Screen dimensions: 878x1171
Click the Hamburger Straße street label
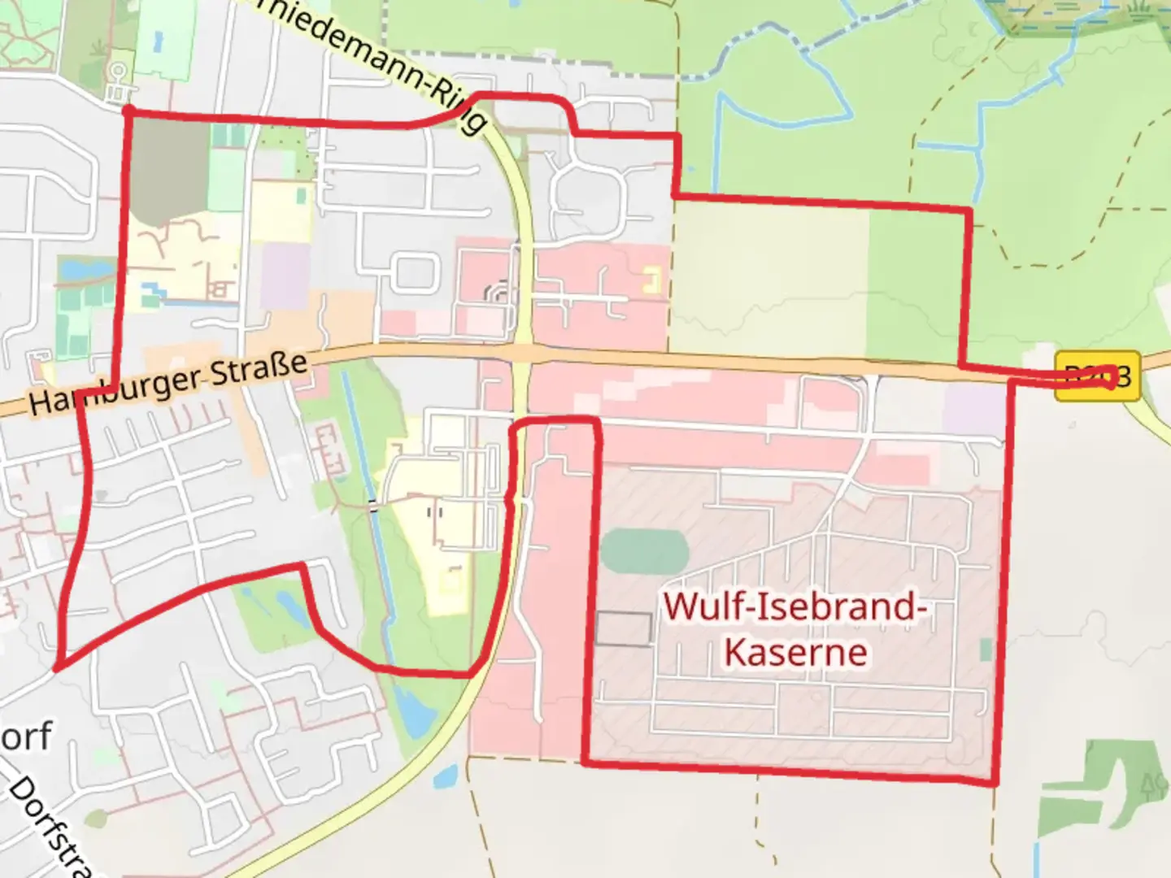[169, 384]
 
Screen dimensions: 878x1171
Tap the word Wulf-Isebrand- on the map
[796, 607]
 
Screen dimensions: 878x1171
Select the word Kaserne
[796, 652]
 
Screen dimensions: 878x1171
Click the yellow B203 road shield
[1098, 376]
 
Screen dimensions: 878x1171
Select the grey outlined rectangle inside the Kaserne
[624, 629]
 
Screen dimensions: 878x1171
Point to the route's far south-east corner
[994, 783]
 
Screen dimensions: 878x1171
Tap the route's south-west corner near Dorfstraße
[57, 668]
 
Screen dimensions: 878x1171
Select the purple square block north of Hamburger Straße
[285, 276]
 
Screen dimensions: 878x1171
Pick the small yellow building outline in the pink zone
[651, 280]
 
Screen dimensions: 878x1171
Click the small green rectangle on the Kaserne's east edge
[986, 650]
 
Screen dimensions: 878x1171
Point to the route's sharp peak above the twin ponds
[303, 565]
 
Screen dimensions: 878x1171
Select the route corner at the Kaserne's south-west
[585, 762]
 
